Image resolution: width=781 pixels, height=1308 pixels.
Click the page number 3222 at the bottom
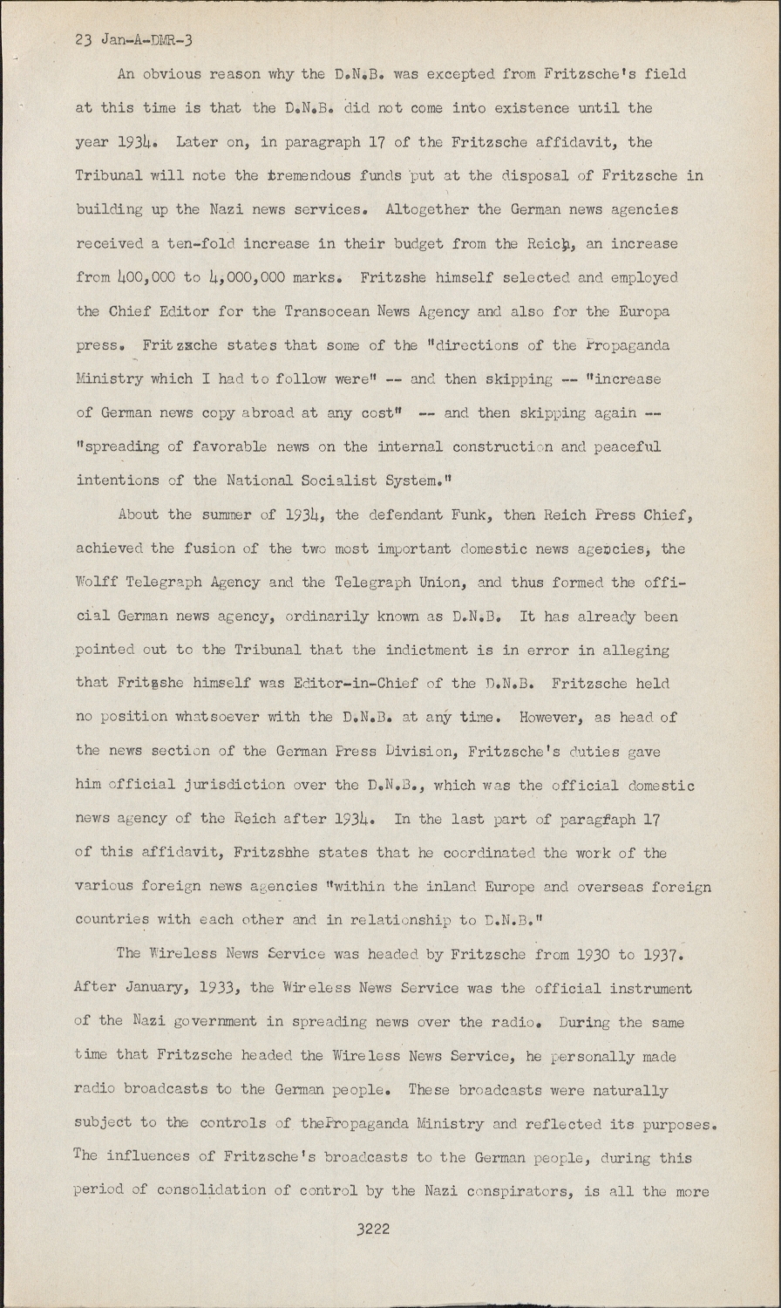pos(372,1230)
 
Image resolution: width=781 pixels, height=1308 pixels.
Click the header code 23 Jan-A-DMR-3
pos(136,40)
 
